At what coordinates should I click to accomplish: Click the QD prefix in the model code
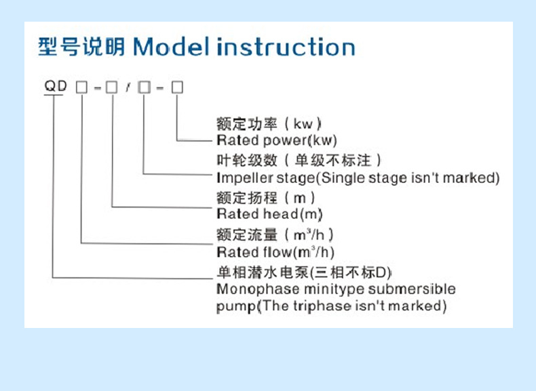coord(56,85)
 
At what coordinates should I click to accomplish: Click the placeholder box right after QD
coord(81,87)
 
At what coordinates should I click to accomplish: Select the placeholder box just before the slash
coord(112,87)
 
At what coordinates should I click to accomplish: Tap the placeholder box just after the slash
coord(145,87)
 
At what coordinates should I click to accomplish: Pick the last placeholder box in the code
coord(177,87)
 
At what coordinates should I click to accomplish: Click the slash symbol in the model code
coord(128,87)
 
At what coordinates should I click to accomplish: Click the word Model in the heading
coord(171,47)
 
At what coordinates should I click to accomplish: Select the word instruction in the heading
coord(286,47)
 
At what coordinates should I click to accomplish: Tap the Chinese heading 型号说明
coord(81,47)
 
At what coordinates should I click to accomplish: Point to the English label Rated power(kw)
coord(277,140)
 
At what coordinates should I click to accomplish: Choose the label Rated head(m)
coord(269,214)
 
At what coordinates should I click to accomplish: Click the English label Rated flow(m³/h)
coord(275,252)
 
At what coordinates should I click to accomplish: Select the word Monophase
coord(258,289)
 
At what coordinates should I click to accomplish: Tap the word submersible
coord(412,289)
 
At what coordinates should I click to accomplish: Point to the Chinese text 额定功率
coord(247,123)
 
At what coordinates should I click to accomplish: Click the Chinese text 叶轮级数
coord(247,160)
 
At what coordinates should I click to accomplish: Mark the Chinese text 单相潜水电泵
coord(263,272)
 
